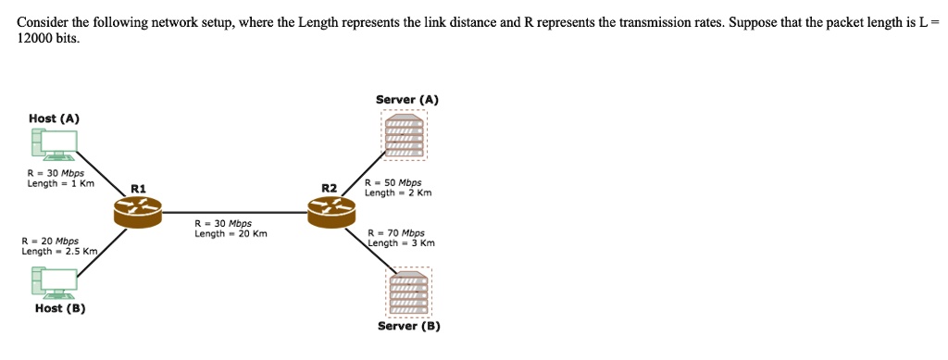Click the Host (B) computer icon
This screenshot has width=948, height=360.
point(54,282)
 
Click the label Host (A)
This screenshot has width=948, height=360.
point(54,118)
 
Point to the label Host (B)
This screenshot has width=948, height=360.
point(60,308)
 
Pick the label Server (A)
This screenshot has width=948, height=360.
point(407,99)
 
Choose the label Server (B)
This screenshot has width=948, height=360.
point(409,326)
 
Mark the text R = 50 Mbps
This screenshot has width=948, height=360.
point(393,183)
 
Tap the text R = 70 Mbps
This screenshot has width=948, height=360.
point(396,233)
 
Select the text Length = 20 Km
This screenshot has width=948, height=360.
point(231,233)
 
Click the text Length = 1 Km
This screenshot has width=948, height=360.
point(60,183)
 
